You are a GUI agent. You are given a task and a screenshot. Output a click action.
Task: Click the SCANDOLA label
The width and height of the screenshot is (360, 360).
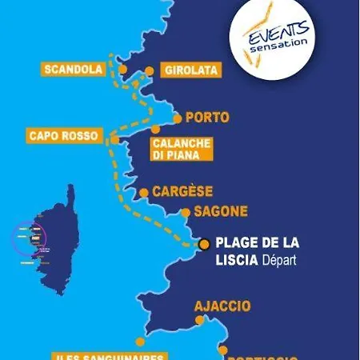[74, 70]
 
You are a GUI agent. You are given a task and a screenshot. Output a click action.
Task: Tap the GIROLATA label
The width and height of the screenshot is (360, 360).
[190, 70]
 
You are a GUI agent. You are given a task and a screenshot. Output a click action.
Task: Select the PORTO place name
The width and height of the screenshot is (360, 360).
[206, 118]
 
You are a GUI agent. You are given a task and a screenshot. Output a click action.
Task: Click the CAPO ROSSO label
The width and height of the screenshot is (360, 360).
[63, 136]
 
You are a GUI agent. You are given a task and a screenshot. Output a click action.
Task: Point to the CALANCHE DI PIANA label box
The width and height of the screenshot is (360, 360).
[181, 149]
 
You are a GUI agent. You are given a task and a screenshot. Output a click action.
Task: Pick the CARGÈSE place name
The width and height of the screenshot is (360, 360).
[182, 191]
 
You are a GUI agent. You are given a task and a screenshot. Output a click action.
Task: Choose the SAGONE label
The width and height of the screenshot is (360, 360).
[222, 212]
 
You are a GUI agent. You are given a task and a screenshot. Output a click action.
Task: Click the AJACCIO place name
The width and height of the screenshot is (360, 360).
[222, 306]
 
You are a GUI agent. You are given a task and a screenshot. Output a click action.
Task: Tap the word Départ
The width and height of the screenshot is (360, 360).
[278, 261]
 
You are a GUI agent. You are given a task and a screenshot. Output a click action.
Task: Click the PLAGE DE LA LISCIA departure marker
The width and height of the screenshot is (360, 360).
[204, 244]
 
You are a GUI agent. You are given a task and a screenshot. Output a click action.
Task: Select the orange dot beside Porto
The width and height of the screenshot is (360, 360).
[177, 118]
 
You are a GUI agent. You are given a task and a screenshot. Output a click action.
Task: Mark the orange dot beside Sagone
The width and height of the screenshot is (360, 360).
[186, 213]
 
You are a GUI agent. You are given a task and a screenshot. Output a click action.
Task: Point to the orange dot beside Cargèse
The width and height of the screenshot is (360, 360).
[144, 192]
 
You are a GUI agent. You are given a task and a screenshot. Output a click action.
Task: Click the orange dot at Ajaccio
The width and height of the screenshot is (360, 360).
[200, 320]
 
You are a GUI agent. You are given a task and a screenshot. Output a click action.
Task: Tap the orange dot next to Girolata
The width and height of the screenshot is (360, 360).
[149, 71]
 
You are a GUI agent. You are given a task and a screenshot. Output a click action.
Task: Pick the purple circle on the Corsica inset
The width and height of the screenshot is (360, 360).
[29, 238]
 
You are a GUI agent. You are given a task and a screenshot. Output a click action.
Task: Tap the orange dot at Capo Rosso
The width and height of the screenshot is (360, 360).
[115, 139]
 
